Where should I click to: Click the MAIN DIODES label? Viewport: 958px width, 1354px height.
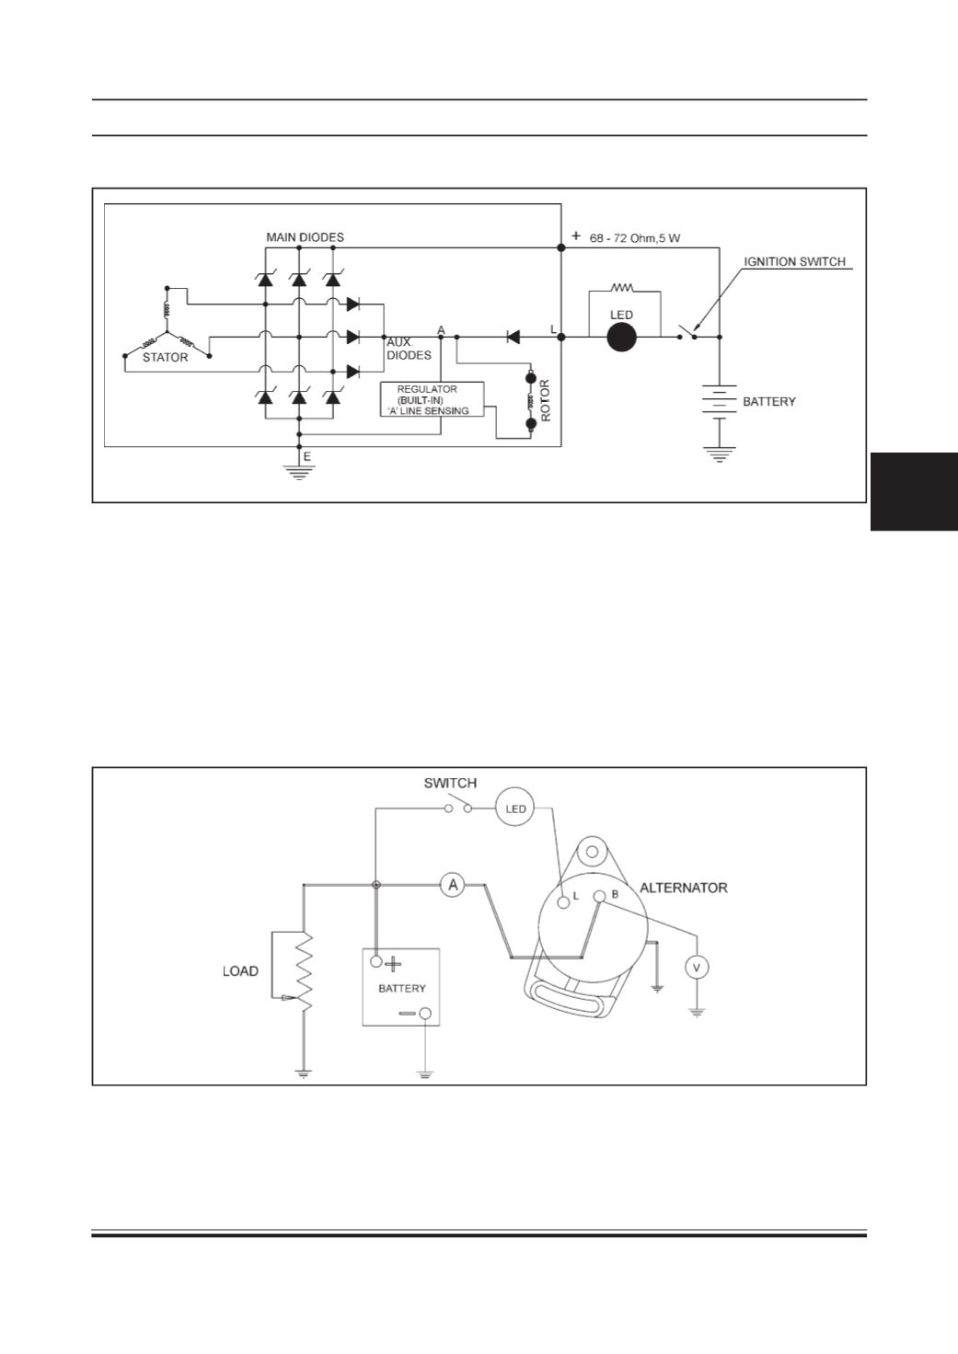point(305,237)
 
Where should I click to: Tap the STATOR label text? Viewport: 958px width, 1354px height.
point(165,357)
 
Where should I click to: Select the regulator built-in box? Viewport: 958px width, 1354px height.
point(432,399)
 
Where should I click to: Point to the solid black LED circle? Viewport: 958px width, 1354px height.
point(621,338)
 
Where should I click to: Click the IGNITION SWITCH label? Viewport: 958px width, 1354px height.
point(794,262)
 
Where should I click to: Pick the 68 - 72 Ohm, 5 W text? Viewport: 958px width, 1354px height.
point(634,238)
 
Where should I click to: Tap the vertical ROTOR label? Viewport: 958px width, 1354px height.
point(546,400)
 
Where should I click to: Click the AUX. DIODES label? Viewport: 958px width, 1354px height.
point(409,349)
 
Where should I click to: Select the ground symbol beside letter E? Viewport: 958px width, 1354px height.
point(299,472)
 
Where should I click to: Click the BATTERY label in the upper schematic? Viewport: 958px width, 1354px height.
point(768,401)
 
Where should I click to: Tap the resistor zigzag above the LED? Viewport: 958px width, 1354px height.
point(623,288)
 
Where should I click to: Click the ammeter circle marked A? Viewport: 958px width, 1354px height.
point(453,886)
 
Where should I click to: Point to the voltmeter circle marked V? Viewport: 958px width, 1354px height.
point(697,968)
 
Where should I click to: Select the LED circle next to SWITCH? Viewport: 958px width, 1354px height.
point(514,809)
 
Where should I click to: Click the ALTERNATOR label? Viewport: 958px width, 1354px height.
point(684,888)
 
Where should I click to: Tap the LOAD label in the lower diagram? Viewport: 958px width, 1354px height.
point(240,971)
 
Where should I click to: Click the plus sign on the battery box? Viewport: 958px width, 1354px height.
point(393,963)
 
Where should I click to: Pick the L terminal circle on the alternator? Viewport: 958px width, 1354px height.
point(563,903)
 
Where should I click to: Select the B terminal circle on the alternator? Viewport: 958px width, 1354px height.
point(599,897)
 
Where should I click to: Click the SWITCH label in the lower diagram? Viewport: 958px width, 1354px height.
point(450,783)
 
